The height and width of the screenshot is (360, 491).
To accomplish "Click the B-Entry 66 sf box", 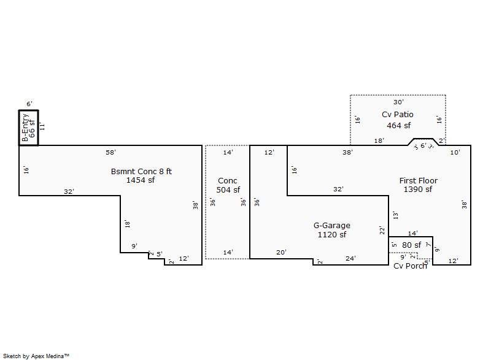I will point(28,128).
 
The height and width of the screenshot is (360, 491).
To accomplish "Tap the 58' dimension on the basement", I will point(110,151).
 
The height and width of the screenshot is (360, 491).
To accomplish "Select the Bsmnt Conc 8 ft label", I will point(141,171).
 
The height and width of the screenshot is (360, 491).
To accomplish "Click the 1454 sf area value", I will point(141,180).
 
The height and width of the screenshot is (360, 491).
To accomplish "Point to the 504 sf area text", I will point(228,190).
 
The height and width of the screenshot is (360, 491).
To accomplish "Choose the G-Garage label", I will point(331,226).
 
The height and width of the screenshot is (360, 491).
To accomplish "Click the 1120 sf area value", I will point(331,235).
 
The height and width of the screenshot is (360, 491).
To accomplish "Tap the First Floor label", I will point(418,180).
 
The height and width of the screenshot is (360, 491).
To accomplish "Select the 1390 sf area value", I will point(418,190).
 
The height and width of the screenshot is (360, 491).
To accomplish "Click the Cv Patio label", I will point(398,115).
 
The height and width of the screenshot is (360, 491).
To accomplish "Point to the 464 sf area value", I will point(398,126).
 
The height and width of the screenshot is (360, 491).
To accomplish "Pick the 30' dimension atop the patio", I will point(398,102).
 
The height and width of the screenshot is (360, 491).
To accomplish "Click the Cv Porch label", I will point(410,266).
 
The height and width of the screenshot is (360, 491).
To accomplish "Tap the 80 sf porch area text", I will point(411,245).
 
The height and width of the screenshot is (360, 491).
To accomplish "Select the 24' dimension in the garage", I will point(350,258).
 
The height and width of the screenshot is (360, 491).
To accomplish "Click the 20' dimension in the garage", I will point(281,252).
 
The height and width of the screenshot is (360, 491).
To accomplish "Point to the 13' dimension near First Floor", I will point(395,215).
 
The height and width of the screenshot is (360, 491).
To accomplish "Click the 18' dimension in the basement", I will point(127,224).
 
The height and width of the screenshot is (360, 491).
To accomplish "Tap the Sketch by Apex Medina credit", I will point(36,355).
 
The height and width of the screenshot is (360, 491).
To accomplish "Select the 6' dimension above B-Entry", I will point(29,104).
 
